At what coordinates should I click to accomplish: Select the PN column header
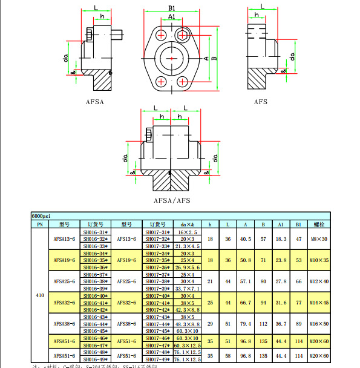pyautogui.click(x=40, y=224)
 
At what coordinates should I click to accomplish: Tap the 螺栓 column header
pyautogui.click(x=318, y=224)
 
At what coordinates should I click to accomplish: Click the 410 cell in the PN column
pyautogui.click(x=40, y=295)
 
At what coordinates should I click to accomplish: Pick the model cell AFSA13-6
pyautogui.click(x=65, y=239)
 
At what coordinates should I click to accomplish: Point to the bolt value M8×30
pyautogui.click(x=318, y=239)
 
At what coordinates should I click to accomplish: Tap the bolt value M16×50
pyautogui.click(x=318, y=324)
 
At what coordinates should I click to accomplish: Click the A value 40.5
pyautogui.click(x=246, y=239)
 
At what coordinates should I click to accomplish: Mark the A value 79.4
pyautogui.click(x=246, y=324)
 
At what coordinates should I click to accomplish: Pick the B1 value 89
pyautogui.click(x=298, y=324)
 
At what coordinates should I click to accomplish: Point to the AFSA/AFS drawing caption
pyautogui.click(x=172, y=200)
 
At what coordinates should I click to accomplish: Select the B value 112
pyautogui.click(x=263, y=324)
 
